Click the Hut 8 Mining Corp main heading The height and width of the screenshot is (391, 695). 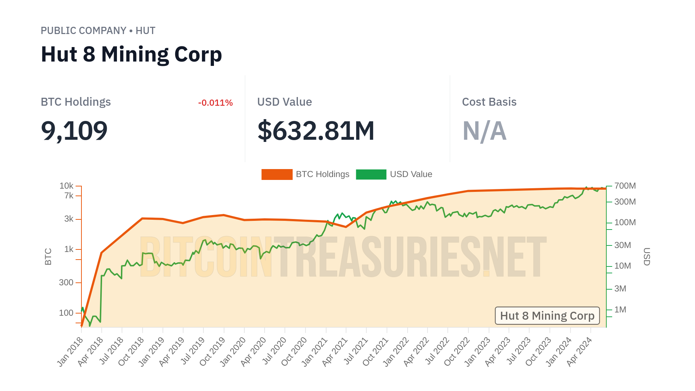coord(131,55)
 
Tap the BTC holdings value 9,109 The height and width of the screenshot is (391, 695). coord(74,131)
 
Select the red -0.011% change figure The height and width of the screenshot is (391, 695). coord(215,103)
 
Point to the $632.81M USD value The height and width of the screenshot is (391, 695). coord(316,131)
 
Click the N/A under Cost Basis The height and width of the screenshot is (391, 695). coord(484,131)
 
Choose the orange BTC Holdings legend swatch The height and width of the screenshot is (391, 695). coord(277,174)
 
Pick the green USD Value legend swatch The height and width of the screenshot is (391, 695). coord(371,174)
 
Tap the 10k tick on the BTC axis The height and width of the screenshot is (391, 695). coord(67,186)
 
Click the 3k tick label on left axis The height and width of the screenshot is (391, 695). coord(69,219)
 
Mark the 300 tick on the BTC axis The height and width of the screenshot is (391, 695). coord(66,282)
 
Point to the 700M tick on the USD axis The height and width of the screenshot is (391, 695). coord(625,186)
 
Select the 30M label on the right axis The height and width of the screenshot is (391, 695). coord(623,245)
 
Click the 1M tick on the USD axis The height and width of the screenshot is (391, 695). coord(620,310)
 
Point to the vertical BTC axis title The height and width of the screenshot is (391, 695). coord(48,256)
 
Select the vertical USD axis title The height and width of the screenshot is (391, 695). coord(647,256)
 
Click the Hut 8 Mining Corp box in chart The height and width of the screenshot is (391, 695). coord(547,316)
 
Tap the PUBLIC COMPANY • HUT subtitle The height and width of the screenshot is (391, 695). coord(98,31)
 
